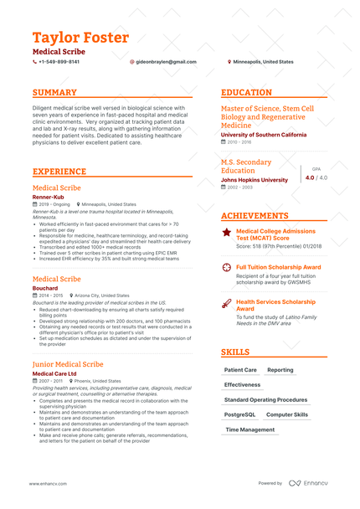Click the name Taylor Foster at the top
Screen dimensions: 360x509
80,39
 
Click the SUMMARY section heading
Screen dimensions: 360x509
54,93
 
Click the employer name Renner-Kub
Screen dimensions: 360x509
49,197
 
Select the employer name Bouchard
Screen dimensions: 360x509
45,288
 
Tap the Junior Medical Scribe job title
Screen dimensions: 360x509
68,365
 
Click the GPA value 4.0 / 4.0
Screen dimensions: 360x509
316,177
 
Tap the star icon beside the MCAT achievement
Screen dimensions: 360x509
227,232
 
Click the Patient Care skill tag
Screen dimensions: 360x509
241,369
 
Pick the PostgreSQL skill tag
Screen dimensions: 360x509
241,414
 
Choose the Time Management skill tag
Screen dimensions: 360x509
250,429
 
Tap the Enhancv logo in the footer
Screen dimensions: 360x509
311,483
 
